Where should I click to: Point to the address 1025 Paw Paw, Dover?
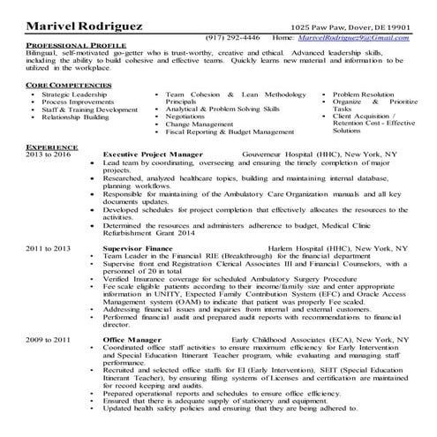pyautogui.click(x=344, y=27)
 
